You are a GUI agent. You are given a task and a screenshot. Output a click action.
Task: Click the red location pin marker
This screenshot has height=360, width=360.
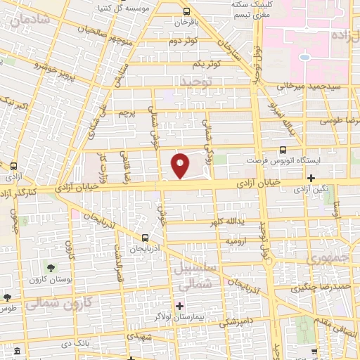click(x=180, y=165)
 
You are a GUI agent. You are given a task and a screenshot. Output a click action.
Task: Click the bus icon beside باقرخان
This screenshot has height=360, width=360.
click(x=186, y=11)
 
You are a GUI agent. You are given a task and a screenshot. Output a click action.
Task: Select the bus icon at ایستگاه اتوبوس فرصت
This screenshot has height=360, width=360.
click(x=283, y=150)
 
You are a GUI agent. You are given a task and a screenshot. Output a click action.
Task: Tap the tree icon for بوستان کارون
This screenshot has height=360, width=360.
click(x=51, y=266)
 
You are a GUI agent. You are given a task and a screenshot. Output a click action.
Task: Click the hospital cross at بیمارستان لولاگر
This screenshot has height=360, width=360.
click(x=180, y=306)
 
